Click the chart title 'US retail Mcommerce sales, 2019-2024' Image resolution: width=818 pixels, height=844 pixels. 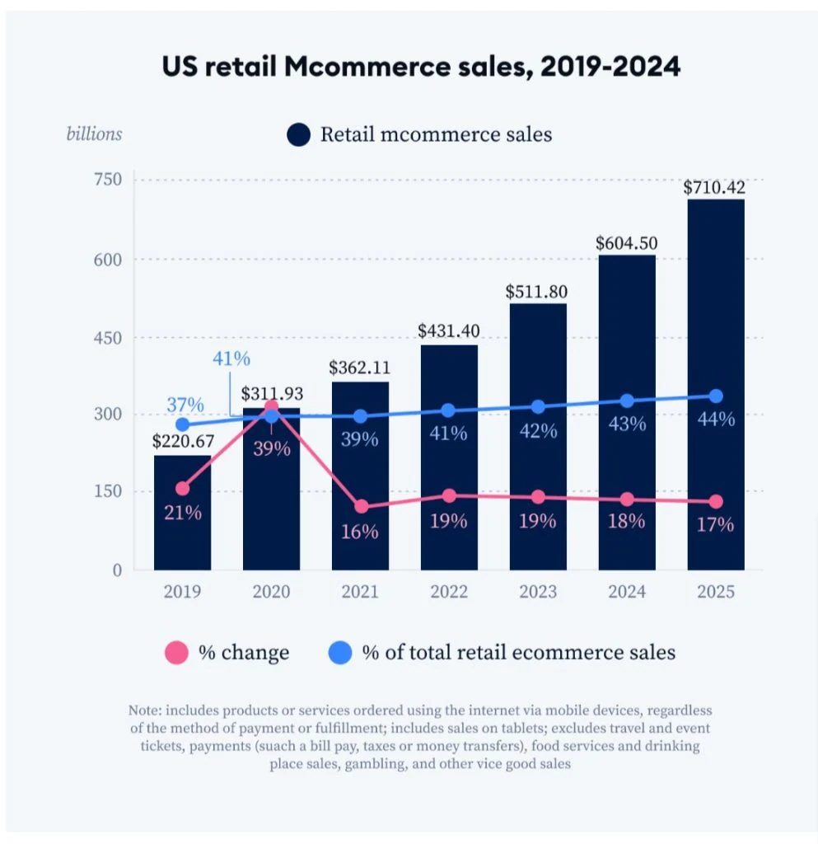(421, 67)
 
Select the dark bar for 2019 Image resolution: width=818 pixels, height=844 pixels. (182, 536)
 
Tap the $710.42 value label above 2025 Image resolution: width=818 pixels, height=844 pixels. (715, 187)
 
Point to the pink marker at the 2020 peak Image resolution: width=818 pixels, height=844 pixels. (271, 406)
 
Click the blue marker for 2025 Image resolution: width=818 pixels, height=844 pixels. (716, 396)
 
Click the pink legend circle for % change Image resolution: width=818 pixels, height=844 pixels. (177, 654)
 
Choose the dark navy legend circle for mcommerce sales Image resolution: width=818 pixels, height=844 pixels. (298, 135)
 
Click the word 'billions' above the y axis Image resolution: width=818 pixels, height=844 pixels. (94, 134)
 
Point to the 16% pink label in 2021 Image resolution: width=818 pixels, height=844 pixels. (360, 532)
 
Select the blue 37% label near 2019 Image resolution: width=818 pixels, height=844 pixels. (185, 405)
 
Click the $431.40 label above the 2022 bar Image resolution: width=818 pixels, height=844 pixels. (449, 331)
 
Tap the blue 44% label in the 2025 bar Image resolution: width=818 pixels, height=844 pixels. (715, 419)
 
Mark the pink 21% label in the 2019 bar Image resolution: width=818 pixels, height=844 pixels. (182, 512)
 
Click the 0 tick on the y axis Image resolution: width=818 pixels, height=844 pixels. (116, 570)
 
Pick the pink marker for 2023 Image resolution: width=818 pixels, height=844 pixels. (538, 497)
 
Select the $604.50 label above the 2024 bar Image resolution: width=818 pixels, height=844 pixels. (627, 243)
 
